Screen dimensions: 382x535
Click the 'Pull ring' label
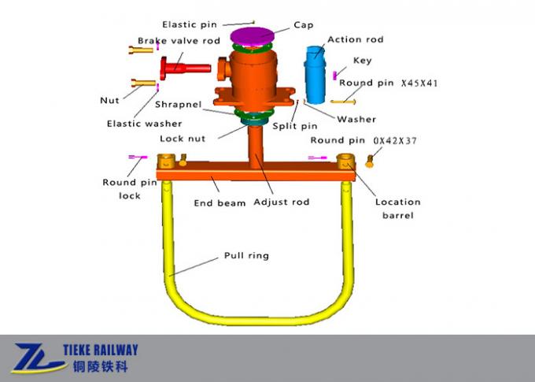(x=246, y=255)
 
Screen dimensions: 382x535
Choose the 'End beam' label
(x=220, y=202)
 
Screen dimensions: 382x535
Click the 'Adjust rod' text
(x=281, y=202)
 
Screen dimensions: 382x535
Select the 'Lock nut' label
(x=182, y=138)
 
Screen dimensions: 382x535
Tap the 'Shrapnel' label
(x=179, y=104)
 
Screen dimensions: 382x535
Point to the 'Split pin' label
(x=295, y=125)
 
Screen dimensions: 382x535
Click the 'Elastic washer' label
(x=144, y=123)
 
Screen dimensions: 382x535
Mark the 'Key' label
(x=362, y=60)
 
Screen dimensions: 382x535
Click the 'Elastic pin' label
(x=189, y=24)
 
